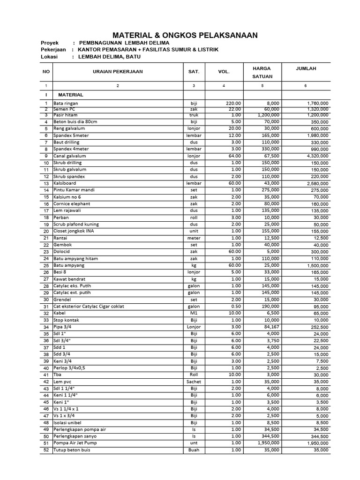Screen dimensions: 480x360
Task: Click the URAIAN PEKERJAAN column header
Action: (118, 72)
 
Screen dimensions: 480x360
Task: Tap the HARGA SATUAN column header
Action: (262, 72)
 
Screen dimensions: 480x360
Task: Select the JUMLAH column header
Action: (306, 68)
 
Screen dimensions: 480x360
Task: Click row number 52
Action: (46, 450)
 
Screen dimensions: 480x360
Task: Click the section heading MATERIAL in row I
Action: (70, 95)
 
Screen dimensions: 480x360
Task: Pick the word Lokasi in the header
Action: (49, 57)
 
